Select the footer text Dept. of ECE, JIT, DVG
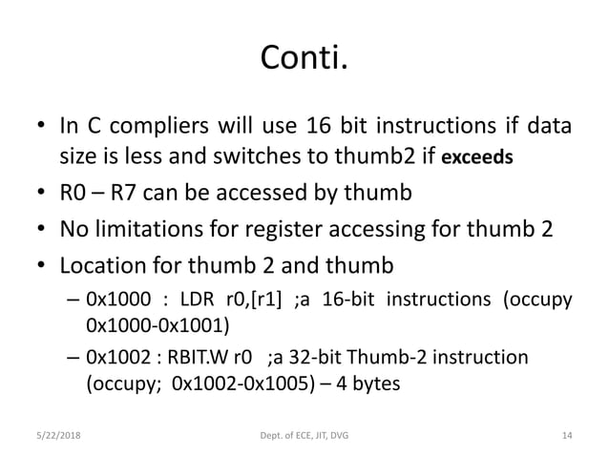tap(304, 436)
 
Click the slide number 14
tap(567, 436)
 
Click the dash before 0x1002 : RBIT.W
tap(73, 358)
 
